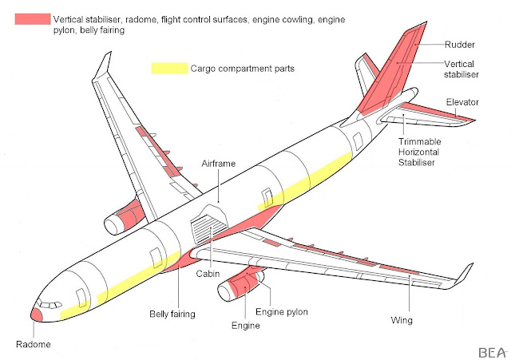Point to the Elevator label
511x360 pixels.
(x=462, y=102)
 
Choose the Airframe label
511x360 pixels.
(x=219, y=164)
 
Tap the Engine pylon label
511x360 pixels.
(x=280, y=311)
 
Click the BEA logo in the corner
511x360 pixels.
(x=488, y=350)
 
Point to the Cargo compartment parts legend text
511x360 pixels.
(x=243, y=69)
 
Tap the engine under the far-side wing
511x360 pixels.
(x=124, y=218)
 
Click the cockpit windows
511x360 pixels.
(x=50, y=303)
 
